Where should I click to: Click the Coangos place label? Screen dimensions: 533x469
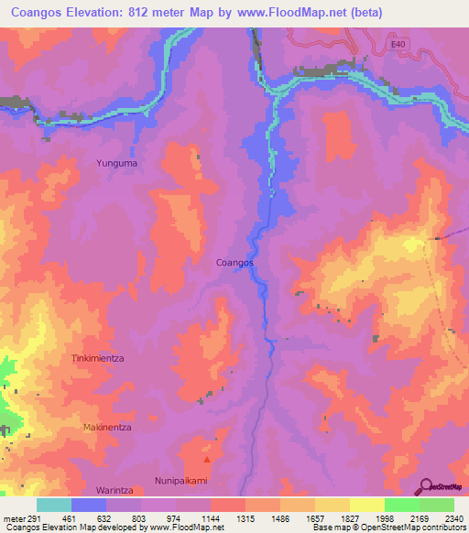pyautogui.click(x=234, y=263)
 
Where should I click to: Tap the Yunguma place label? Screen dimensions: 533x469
pyautogui.click(x=116, y=163)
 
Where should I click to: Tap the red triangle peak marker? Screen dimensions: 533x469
pyautogui.click(x=207, y=460)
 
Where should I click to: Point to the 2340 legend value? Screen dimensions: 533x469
pyautogui.click(x=453, y=517)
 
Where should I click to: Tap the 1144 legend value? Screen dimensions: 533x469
pyautogui.click(x=210, y=517)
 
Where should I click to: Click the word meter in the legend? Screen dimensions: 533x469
pyautogui.click(x=13, y=517)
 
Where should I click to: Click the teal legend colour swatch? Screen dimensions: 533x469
pyautogui.click(x=54, y=505)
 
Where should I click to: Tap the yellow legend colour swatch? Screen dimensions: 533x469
pyautogui.click(x=366, y=505)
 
